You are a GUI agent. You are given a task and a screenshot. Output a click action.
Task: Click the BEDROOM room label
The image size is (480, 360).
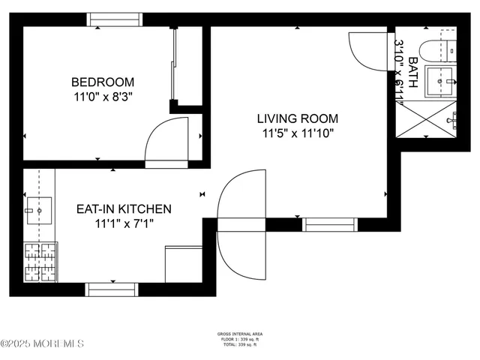pos(103,82)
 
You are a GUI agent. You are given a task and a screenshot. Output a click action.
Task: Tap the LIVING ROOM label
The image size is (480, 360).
pos(297,118)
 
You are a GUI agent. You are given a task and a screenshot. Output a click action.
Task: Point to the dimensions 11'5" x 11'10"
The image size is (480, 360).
pos(297,133)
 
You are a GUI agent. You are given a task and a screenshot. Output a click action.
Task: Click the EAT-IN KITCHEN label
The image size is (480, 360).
pos(124,209)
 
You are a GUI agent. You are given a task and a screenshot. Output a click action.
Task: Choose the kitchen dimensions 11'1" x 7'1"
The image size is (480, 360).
pos(124,223)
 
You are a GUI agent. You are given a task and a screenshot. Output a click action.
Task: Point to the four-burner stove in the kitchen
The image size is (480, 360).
pos(40,262)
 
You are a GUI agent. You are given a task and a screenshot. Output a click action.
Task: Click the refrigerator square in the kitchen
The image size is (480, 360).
pos(184,264)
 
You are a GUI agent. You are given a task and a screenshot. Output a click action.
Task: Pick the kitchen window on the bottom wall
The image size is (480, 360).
pos(112,289)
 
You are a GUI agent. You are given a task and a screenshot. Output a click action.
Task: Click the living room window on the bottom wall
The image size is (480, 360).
pos(328,223)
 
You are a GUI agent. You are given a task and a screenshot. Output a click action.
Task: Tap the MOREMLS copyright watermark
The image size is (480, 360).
pos(43,343)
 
